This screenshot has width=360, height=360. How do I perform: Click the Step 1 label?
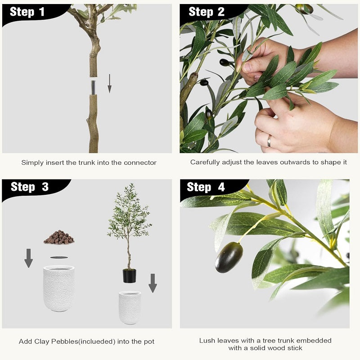click(27, 12)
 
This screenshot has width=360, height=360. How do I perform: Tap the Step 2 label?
click(206, 12)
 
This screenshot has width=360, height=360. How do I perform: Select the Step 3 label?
click(30, 187)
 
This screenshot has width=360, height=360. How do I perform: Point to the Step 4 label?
click(206, 187)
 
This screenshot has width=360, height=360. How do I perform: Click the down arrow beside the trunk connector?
click(109, 84)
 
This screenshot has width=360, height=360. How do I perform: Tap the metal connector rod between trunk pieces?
click(93, 88)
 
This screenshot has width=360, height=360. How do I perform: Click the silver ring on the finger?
click(269, 141)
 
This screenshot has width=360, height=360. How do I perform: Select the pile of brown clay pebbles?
click(59, 237)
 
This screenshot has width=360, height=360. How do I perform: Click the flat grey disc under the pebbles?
click(59, 257)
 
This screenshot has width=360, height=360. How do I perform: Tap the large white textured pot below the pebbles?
click(59, 288)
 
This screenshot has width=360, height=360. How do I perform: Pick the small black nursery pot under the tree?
click(129, 276)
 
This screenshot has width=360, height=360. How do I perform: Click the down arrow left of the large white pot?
click(28, 258)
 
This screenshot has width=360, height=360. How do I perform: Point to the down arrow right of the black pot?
click(153, 283)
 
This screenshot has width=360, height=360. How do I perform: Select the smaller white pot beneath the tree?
click(130, 308)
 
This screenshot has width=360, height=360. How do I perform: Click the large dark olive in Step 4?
click(229, 257)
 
